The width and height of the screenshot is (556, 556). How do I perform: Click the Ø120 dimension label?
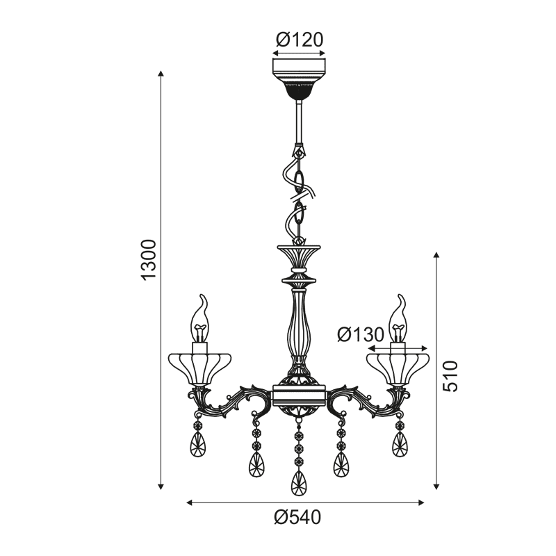[300, 40]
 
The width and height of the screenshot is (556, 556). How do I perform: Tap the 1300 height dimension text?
[149, 260]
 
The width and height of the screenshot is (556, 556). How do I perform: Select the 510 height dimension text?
[450, 376]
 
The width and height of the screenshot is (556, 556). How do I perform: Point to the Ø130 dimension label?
[361, 334]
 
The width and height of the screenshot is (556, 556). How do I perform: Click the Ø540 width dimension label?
[297, 517]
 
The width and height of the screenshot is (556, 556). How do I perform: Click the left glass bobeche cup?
[199, 369]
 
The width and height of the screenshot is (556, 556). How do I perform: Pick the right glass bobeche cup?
[398, 369]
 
